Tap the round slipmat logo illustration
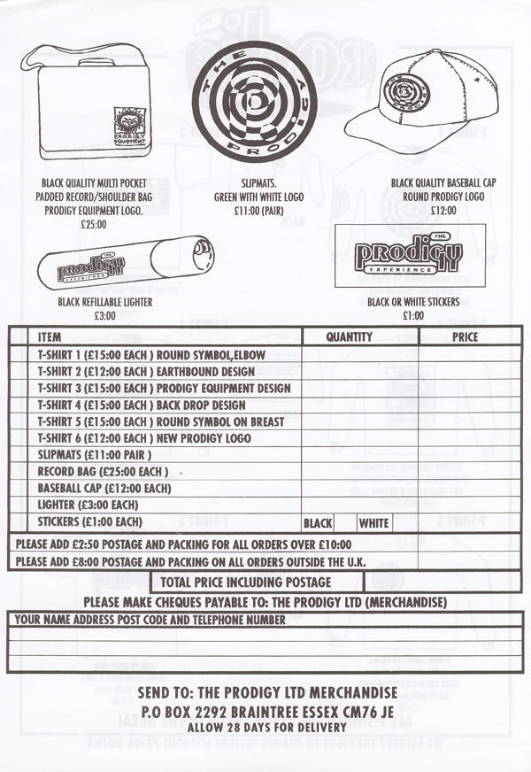[x=254, y=100]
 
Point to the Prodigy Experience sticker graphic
[x=410, y=255]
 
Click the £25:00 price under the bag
[x=93, y=224]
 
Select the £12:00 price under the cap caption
[x=442, y=211]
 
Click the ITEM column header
[x=50, y=337]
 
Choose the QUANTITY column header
[x=349, y=337]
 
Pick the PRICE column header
[x=465, y=337]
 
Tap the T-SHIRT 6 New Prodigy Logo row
[x=144, y=439]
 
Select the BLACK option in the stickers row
[x=318, y=523]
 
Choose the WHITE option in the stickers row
[x=373, y=523]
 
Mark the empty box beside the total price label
[x=442, y=583]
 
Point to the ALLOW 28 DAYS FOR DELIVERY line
[x=265, y=727]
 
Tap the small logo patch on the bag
[x=130, y=125]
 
